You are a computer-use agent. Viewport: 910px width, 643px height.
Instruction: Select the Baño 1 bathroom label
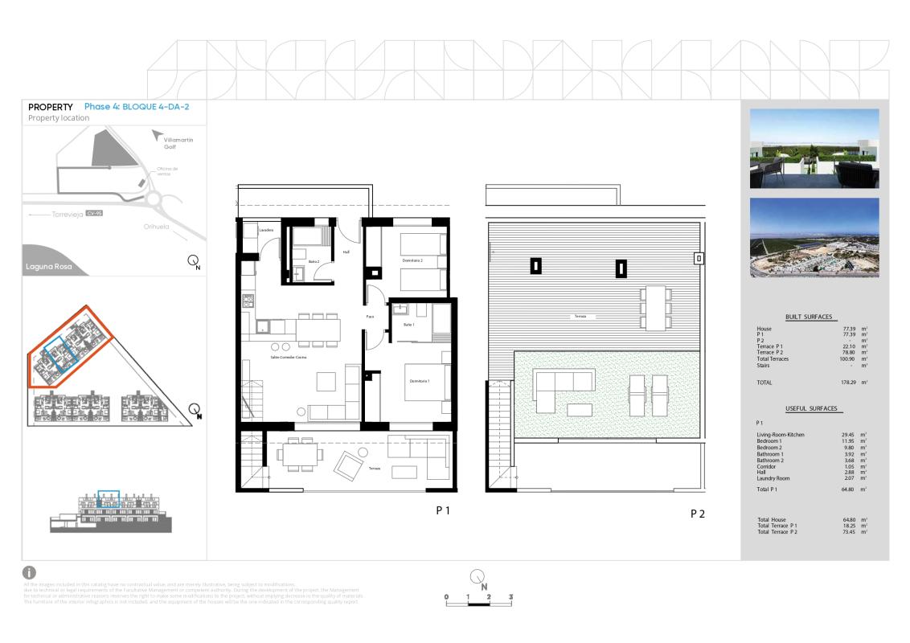click(408, 324)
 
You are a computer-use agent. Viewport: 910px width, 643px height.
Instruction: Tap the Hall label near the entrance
click(346, 252)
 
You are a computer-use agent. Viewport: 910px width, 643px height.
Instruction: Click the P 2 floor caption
click(698, 514)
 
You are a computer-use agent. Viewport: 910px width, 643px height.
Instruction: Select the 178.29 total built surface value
click(848, 383)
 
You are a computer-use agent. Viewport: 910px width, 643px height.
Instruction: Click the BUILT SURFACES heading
click(809, 317)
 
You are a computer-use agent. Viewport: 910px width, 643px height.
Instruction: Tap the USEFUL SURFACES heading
click(809, 409)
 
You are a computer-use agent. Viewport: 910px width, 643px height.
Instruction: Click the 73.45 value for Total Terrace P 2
click(849, 533)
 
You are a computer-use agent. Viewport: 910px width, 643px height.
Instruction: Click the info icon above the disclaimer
click(32, 572)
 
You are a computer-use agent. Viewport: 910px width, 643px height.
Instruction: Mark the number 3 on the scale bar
click(510, 597)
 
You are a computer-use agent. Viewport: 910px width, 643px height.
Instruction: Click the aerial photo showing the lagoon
click(814, 237)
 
